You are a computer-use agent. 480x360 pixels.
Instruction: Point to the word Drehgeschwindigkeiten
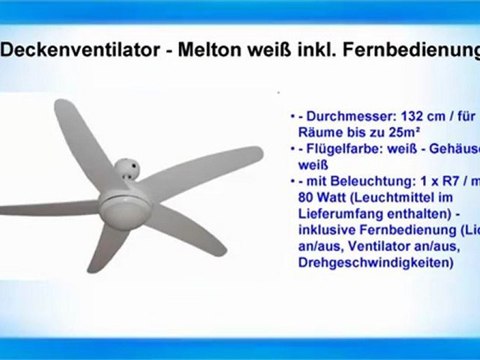pos(376,264)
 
